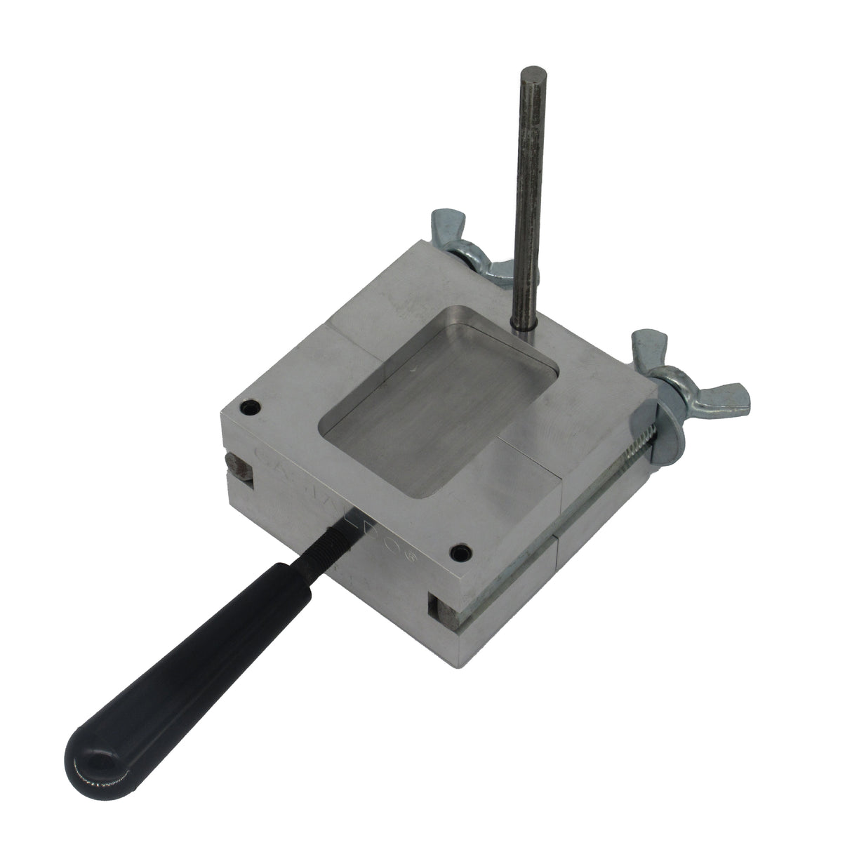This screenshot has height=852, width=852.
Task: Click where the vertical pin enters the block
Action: tap(521, 330)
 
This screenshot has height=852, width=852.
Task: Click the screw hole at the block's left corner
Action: tap(249, 407)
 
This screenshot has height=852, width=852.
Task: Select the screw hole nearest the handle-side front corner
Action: tap(460, 552)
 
